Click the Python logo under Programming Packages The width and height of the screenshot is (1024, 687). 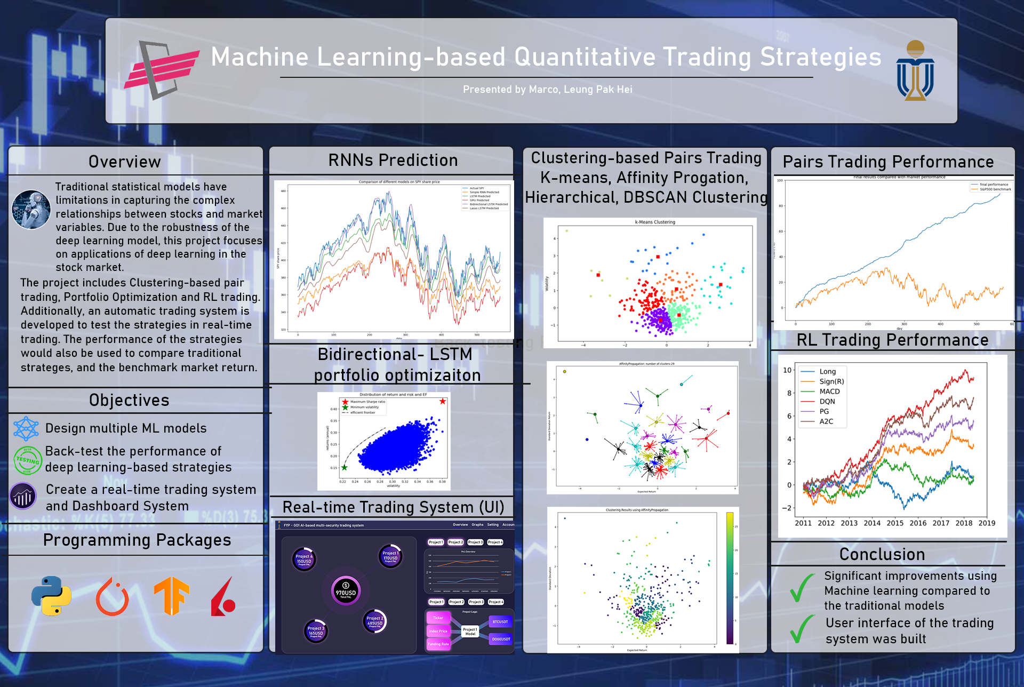51,596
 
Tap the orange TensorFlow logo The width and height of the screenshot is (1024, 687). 172,596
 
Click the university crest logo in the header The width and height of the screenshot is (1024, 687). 915,70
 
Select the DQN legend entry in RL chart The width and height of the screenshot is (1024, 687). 827,402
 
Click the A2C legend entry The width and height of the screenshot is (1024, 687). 826,421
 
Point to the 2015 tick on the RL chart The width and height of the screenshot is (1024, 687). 895,523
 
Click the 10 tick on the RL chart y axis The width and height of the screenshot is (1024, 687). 787,370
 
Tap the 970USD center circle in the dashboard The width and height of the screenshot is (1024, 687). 346,590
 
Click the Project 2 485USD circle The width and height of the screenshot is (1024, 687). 374,621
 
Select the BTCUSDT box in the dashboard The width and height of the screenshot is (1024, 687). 500,621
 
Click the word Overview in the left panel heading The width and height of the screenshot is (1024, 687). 125,162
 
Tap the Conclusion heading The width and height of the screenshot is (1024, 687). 882,554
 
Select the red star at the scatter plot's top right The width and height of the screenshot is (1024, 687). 443,401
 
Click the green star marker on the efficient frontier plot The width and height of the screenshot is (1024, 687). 345,467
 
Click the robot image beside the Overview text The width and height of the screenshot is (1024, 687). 31,210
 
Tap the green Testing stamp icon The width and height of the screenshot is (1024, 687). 27,460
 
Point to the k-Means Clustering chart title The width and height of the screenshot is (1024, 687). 655,222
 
